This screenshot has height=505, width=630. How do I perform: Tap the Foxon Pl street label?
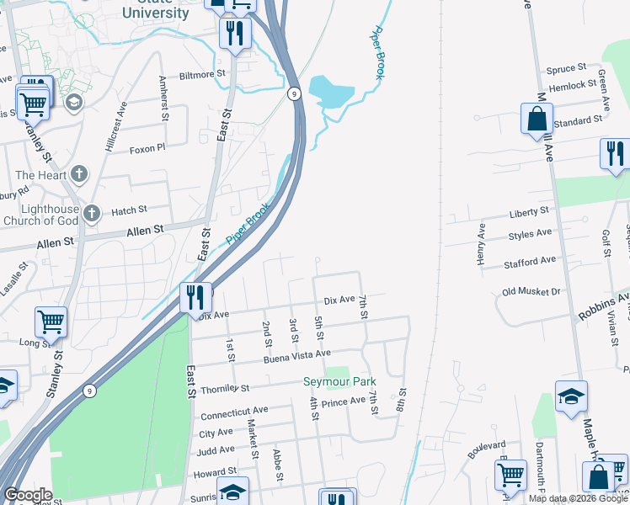[148, 149]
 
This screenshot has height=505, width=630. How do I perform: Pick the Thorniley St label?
[225, 389]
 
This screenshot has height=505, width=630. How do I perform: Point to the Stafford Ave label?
[530, 263]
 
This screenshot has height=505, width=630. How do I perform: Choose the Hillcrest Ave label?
[115, 127]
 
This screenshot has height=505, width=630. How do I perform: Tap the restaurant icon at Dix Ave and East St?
[195, 297]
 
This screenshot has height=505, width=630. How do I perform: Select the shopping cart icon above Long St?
[51, 321]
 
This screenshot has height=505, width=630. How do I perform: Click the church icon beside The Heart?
[79, 174]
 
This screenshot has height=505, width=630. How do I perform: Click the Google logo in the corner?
[27, 495]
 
